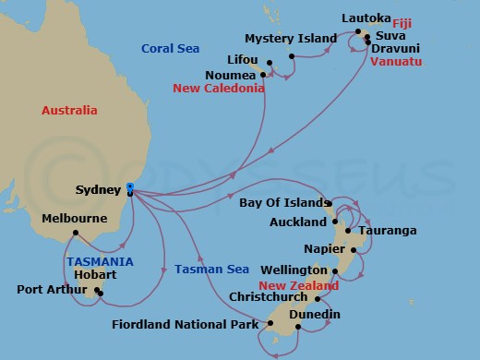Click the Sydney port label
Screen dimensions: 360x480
click(97, 190)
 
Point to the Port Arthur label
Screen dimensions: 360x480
click(50, 290)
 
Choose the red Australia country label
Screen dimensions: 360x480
click(69, 111)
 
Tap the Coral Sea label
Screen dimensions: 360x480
click(166, 49)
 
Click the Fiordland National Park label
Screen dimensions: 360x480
click(185, 324)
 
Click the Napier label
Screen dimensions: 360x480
click(323, 249)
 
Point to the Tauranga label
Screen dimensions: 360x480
click(387, 230)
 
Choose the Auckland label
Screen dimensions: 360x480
click(294, 222)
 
